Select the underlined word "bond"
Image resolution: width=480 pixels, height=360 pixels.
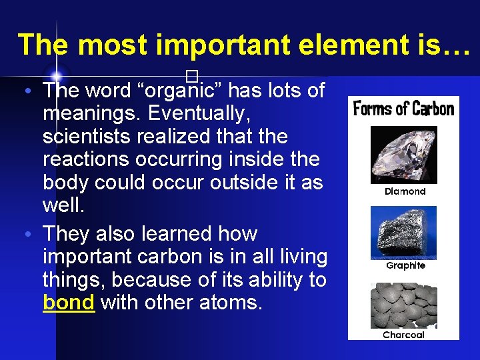69,303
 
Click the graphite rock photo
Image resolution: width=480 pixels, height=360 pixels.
403,232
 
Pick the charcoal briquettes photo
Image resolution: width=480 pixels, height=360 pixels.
403,306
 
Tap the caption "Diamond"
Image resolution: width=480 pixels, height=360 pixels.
405,191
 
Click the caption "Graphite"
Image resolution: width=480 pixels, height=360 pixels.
405,265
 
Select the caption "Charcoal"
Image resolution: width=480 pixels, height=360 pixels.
403,335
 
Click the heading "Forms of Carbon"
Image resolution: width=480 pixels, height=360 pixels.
403,108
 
